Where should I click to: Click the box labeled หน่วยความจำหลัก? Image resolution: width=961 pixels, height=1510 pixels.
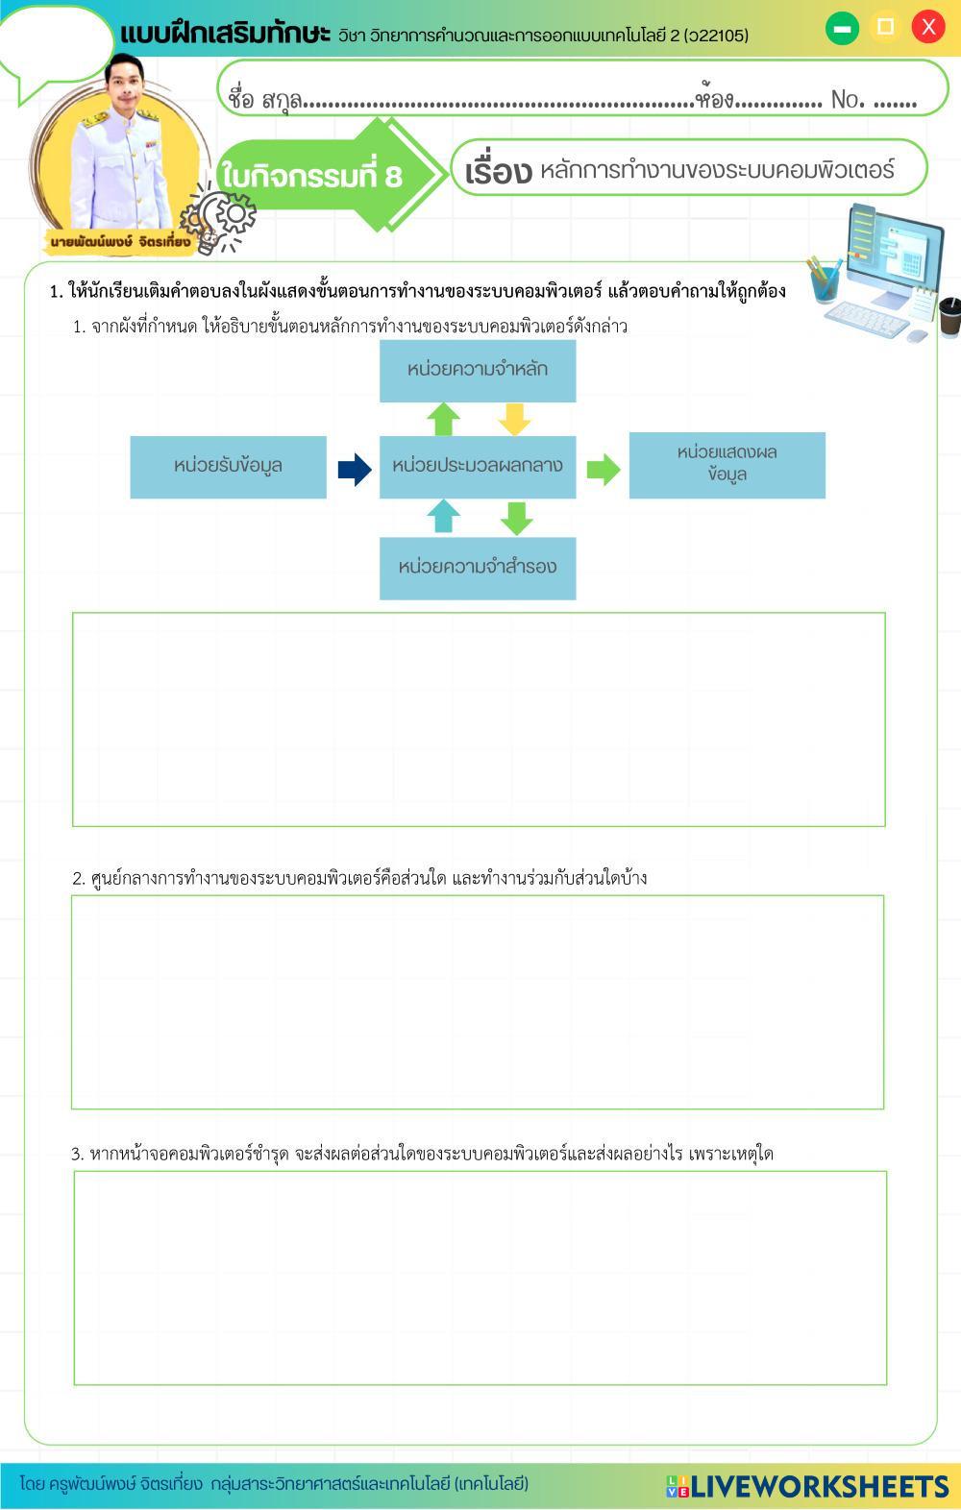pos(478,370)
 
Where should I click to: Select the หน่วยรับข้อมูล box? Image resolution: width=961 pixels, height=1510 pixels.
pos(228,466)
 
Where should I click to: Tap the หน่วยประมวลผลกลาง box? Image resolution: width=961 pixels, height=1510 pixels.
pos(478,466)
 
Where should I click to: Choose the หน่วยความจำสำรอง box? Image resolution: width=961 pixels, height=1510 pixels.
pos(478,568)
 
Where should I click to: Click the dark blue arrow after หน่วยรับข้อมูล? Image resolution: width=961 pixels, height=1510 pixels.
pos(354,469)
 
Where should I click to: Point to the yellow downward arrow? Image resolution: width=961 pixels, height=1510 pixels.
pos(515,419)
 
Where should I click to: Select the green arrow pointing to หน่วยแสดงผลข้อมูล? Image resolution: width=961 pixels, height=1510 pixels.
pos(603,469)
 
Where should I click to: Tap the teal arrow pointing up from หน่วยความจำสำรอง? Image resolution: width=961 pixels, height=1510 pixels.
pos(442,516)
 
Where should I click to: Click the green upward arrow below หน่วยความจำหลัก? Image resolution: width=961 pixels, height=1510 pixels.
pos(442,419)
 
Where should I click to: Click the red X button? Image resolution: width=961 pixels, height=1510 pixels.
pos(927,27)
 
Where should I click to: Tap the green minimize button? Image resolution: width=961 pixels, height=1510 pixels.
pos(842,28)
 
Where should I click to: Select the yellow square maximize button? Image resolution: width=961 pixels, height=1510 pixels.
pos(885,27)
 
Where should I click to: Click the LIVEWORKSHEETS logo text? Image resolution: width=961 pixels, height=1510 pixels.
pos(820,1486)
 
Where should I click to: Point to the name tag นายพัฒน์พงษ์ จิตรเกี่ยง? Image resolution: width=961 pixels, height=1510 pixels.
pos(120,240)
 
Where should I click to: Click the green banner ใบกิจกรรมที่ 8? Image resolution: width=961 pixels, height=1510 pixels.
pos(312,176)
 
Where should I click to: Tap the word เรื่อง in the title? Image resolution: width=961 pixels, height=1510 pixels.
pos(497,172)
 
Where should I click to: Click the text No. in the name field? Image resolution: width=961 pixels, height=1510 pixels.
pos(848,99)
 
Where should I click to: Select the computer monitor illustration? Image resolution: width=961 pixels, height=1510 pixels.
pos(894,250)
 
